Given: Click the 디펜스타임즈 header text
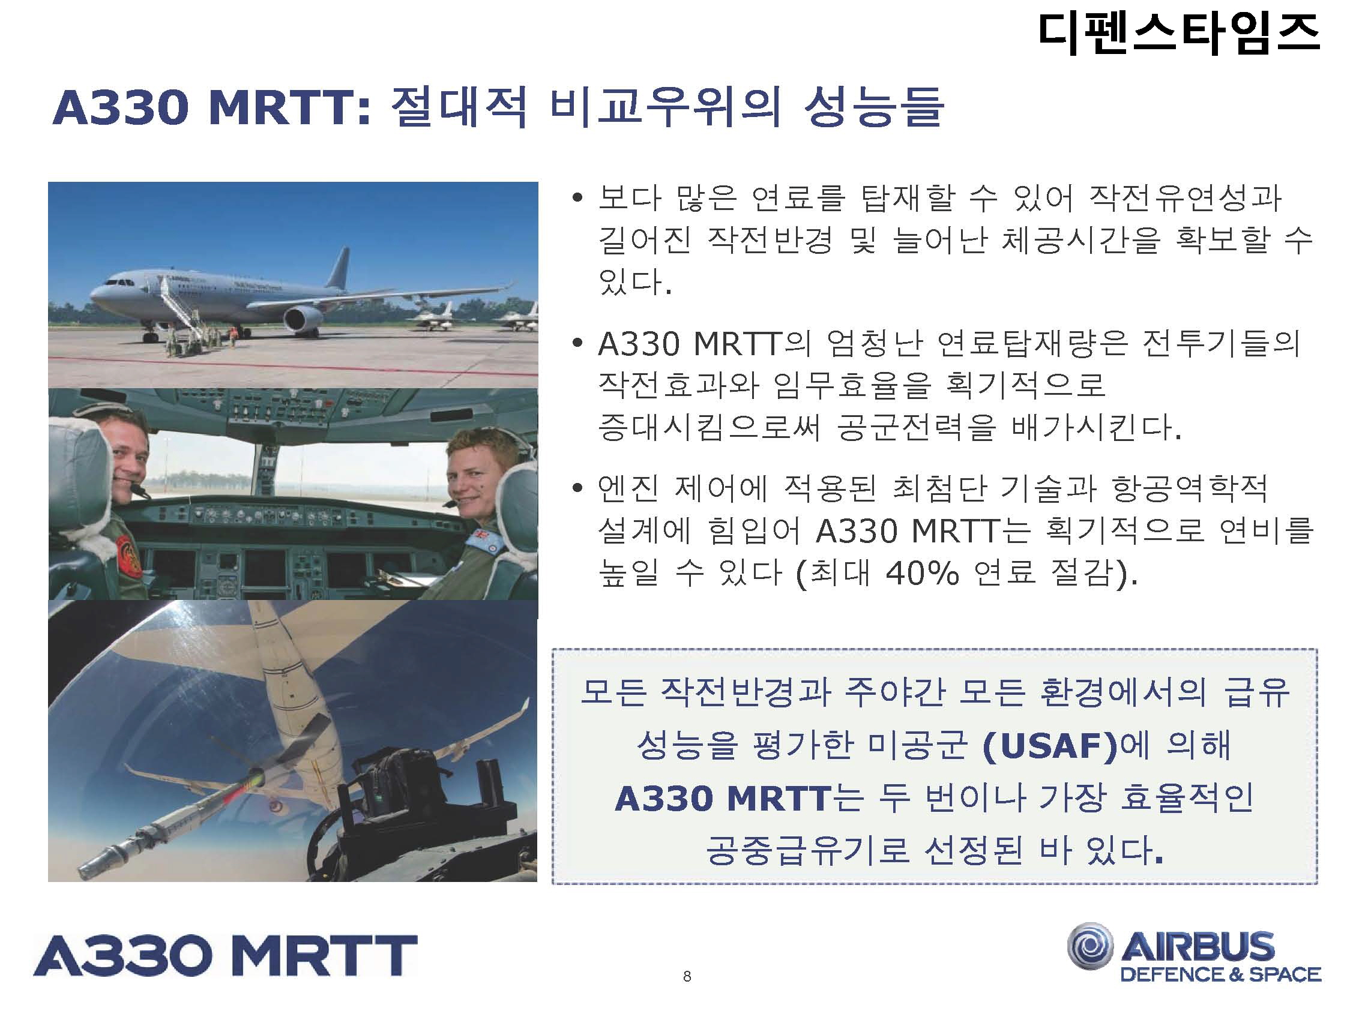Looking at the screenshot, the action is [1180, 34].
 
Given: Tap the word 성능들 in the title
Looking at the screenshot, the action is [873, 107].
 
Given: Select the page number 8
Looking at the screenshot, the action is [687, 976].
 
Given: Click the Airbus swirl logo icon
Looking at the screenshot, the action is [1091, 947].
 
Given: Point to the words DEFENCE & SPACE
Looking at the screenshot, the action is [1220, 974].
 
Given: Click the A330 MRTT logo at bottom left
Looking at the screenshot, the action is [225, 955].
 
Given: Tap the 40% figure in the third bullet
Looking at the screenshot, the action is [922, 574].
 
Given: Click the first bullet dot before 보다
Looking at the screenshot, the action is [577, 197].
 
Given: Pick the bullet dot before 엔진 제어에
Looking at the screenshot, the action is [577, 488].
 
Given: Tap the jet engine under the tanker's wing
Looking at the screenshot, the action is [304, 319].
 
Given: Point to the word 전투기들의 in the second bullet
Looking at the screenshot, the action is [1221, 343].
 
